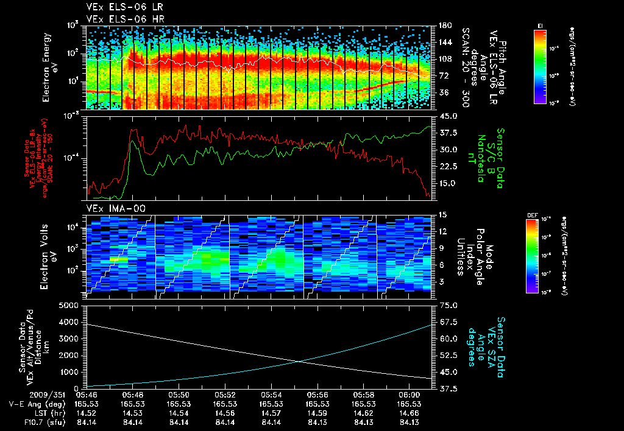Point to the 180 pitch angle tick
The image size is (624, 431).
pyautogui.click(x=444, y=26)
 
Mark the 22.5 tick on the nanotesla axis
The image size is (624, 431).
pyautogui.click(x=448, y=166)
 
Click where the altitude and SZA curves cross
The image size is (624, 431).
pyautogui.click(x=300, y=362)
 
